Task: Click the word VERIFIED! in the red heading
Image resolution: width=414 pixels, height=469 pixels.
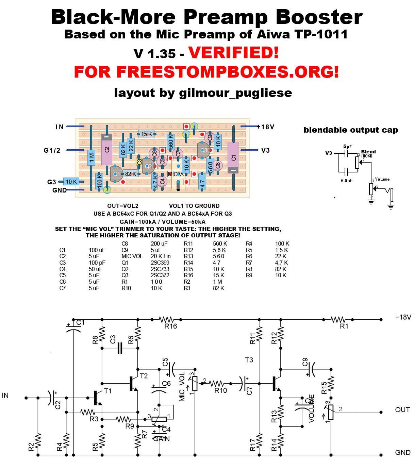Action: [x=233, y=53]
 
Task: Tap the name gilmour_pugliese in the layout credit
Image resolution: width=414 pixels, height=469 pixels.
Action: [x=235, y=93]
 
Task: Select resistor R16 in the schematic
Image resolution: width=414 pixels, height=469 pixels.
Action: [x=167, y=320]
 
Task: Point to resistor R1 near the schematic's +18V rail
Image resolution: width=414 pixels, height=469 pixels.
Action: [x=338, y=320]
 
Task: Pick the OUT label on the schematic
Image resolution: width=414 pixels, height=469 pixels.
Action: [x=402, y=409]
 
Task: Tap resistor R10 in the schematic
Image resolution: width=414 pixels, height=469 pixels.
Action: [x=216, y=384]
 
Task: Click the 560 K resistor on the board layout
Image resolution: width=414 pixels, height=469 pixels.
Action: [x=170, y=142]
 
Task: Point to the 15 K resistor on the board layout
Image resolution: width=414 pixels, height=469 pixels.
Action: [x=146, y=134]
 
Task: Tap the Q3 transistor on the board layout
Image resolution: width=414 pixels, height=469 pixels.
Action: [x=204, y=150]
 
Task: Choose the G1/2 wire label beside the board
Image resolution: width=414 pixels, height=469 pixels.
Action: [x=52, y=150]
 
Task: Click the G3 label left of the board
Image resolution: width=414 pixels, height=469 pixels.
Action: [x=51, y=182]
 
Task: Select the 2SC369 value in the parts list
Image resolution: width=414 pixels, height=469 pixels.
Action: [x=160, y=263]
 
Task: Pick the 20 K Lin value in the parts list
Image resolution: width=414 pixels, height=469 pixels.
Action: [x=161, y=256]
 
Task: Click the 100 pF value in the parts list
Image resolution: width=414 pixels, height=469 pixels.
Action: [x=97, y=263]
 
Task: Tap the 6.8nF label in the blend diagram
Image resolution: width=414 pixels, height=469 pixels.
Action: [x=347, y=181]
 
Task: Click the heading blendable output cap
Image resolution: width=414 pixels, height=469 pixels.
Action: [x=351, y=130]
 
